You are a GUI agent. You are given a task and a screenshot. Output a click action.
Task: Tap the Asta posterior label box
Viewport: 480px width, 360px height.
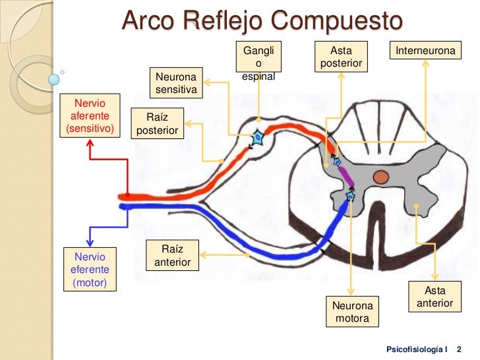coord(342,57)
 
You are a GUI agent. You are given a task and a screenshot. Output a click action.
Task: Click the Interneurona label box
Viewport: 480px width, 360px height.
coord(425,51)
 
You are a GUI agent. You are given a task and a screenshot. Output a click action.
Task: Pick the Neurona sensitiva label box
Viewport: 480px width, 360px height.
coord(176,81)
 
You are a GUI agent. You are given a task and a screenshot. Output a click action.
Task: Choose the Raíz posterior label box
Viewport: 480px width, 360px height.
coord(158,123)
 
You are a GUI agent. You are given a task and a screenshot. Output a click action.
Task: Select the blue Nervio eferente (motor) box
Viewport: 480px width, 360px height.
coord(89,269)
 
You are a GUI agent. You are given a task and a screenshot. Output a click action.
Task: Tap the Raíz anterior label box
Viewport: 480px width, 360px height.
coord(172,255)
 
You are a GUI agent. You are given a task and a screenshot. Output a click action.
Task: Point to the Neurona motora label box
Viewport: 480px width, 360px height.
coord(352,312)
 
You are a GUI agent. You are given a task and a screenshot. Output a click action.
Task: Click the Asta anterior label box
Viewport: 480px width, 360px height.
coord(435,297)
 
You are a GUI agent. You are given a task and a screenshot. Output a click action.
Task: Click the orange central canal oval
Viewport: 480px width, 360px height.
coord(380,176)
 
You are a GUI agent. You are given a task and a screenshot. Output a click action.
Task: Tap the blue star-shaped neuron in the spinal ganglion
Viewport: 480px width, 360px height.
coord(257,139)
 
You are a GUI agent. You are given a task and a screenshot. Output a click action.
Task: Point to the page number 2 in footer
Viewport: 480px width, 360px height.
coord(459,347)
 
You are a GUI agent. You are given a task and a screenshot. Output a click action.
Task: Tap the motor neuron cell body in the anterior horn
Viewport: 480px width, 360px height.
coord(350,196)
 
